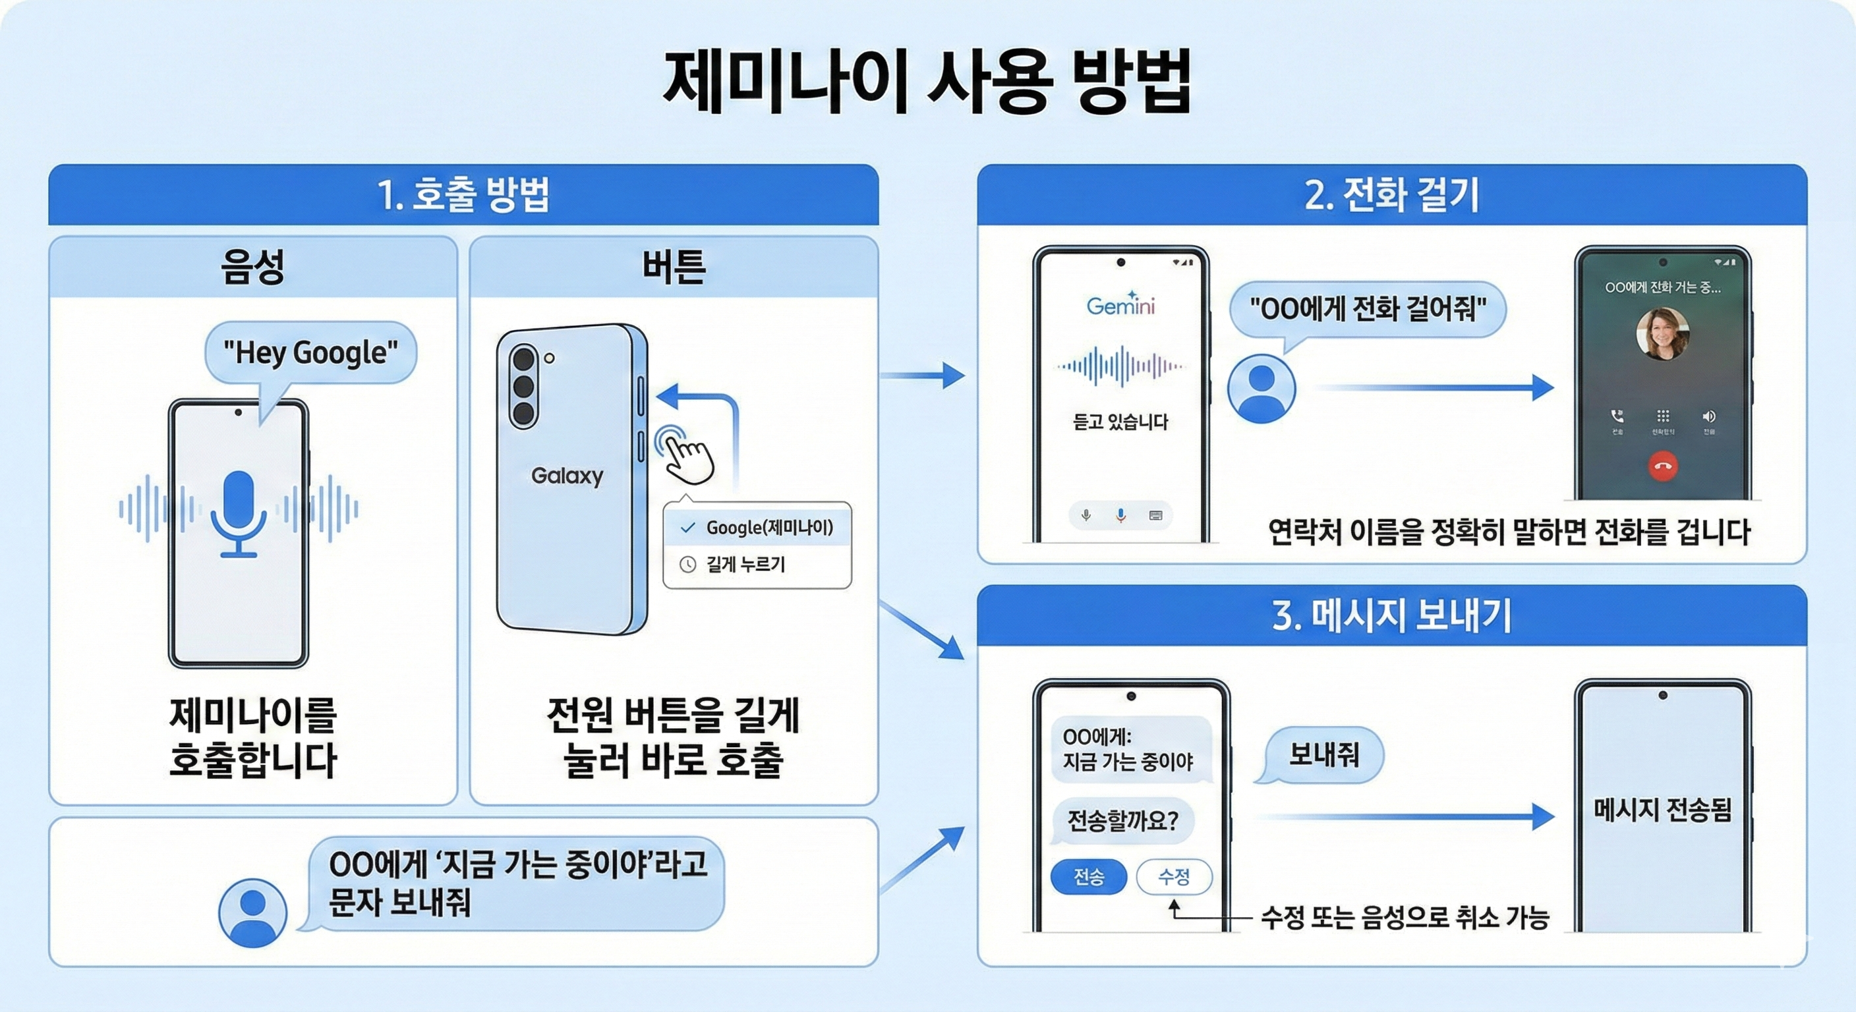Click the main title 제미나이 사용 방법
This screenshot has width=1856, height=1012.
(927, 82)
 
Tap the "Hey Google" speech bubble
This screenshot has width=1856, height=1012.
(310, 353)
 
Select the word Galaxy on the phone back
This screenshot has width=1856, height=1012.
(567, 476)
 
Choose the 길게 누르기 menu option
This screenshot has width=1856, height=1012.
(745, 564)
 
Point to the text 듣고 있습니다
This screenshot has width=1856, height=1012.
(1120, 422)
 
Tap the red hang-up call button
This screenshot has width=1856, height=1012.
(1662, 466)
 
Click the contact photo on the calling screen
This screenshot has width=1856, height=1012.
(1662, 333)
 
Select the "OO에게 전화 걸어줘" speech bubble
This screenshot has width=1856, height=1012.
(1368, 310)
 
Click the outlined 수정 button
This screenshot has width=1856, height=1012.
(1174, 876)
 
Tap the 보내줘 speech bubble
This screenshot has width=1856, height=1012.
(1323, 754)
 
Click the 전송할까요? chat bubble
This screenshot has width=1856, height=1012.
(1122, 820)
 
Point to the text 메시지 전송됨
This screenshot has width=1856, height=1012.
(1662, 810)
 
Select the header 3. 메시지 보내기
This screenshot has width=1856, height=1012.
(1391, 616)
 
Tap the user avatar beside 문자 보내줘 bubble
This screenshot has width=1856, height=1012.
(252, 912)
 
